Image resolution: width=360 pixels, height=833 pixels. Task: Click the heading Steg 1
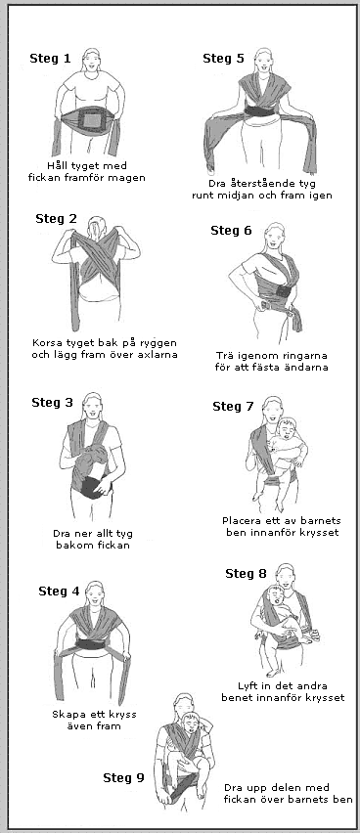50,59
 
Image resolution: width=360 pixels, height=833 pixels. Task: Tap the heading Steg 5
223,59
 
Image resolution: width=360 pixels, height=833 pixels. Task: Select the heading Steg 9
123,777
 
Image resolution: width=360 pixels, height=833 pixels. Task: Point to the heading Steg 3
52,403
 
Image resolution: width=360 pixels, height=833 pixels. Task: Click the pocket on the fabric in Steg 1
88,120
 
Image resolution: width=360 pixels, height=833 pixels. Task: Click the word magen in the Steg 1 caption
127,178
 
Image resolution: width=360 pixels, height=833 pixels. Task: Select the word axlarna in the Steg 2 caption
157,354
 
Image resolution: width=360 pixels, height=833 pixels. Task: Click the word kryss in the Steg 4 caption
120,715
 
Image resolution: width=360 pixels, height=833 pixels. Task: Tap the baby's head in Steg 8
273,595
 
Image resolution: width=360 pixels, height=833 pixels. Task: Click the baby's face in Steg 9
191,723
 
